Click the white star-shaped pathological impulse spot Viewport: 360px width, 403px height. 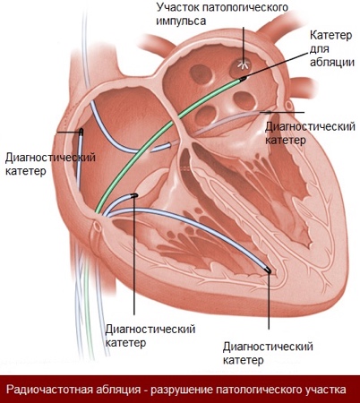(x=244, y=64)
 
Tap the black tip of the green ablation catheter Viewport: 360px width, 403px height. (x=243, y=79)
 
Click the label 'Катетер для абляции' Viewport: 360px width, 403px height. (x=331, y=49)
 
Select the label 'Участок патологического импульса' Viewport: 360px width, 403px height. (x=222, y=13)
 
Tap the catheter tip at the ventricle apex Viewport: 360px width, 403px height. (x=268, y=270)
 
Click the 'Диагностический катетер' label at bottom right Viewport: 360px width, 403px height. (x=268, y=353)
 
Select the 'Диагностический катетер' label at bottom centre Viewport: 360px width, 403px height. (x=150, y=335)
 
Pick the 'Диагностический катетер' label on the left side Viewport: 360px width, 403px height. (x=50, y=164)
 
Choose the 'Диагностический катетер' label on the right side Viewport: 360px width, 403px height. (x=310, y=133)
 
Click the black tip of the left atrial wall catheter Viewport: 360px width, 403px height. (x=81, y=132)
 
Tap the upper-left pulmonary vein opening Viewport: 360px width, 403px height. (x=200, y=73)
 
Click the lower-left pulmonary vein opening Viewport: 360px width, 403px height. (x=205, y=115)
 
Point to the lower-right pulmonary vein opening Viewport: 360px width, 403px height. (x=244, y=100)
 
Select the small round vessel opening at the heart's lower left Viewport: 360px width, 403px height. (x=97, y=226)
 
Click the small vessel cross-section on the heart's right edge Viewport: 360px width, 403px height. (x=288, y=105)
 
